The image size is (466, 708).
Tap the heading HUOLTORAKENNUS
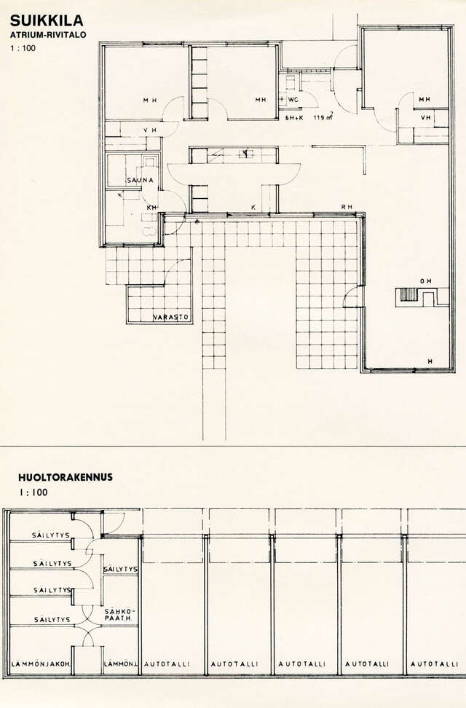(66, 478)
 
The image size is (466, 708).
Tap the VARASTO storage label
(172, 318)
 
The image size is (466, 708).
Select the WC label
(293, 99)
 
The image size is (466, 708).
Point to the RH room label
(347, 207)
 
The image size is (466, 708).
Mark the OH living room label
(424, 281)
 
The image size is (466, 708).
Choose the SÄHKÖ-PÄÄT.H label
(121, 615)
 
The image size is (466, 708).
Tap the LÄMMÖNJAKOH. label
(41, 664)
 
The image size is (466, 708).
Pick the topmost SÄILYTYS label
(51, 535)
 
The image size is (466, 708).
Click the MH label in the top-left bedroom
(150, 100)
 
